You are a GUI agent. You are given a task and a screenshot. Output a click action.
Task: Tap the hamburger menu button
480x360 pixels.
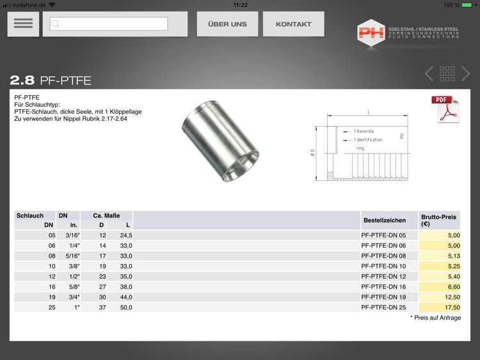pos(23,24)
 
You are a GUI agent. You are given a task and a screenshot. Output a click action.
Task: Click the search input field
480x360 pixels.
pos(109,24)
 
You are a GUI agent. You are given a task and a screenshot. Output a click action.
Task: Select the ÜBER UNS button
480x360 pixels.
pos(227,24)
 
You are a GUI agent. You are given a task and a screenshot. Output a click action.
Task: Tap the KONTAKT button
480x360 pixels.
pos(294,24)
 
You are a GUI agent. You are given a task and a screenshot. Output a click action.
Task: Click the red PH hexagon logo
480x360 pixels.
pos(371,33)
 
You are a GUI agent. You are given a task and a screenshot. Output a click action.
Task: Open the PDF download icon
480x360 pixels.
pos(445,109)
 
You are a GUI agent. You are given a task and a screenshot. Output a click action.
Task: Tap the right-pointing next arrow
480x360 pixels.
pos(466,74)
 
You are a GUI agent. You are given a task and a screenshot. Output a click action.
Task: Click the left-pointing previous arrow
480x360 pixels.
pos(429,74)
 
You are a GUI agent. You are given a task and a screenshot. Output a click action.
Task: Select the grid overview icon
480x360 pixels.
pos(447,74)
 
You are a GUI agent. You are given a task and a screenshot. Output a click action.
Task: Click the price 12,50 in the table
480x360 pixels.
pos(452,297)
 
